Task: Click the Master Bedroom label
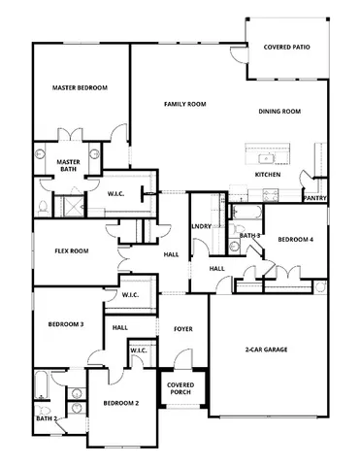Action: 80,87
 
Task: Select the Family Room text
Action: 184,103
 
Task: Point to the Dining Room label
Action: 279,112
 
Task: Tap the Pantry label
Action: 314,197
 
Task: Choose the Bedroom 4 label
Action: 296,239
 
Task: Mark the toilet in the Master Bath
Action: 41,207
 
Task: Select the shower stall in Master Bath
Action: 71,206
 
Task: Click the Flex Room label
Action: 71,250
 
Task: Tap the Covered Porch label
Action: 181,388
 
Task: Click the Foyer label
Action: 182,329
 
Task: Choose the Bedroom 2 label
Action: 121,402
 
